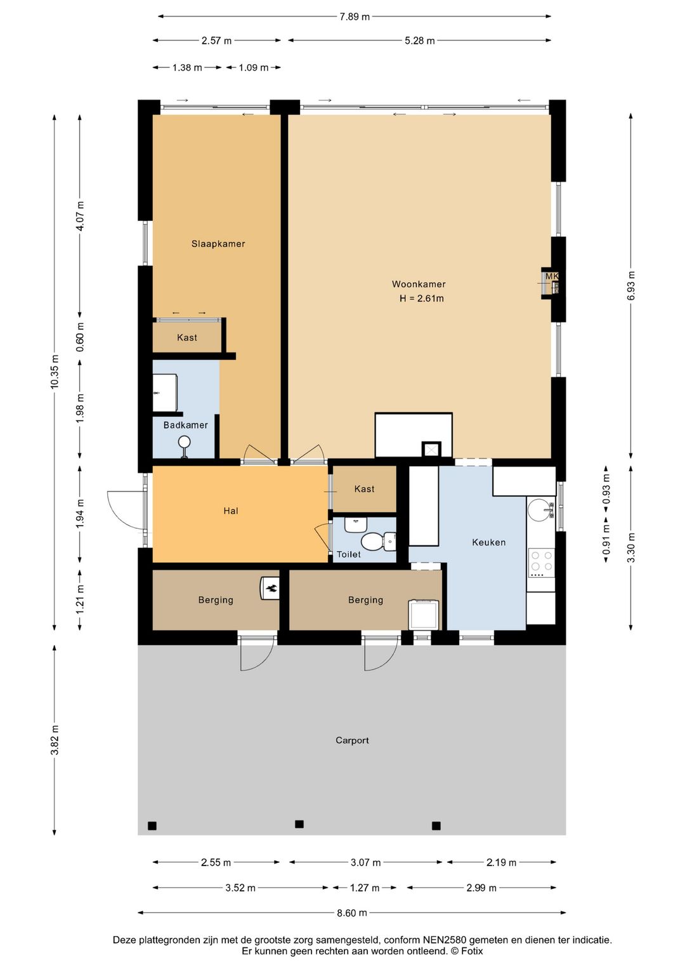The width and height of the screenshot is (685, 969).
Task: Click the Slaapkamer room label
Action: point(218,244)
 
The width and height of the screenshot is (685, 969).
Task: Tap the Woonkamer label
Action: point(419,284)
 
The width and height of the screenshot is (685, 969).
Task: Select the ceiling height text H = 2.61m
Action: point(421,298)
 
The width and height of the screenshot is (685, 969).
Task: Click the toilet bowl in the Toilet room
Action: point(372,541)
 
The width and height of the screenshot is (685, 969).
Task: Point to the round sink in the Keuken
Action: point(540,508)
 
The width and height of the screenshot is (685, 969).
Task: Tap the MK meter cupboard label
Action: point(551,276)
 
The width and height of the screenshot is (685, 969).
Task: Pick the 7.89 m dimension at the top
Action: point(354,17)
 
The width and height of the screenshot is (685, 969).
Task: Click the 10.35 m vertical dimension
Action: point(55,371)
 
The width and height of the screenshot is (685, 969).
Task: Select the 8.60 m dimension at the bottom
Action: point(352,912)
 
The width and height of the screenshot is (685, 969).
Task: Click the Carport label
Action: point(352,740)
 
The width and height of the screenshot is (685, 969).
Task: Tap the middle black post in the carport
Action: point(299,824)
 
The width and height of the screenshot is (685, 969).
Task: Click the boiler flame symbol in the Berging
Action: point(272,588)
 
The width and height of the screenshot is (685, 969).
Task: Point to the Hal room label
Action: point(231,511)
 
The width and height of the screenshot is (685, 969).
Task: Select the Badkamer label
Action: point(185,425)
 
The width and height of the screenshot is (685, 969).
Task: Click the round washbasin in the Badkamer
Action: point(185,442)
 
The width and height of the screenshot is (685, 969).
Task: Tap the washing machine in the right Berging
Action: point(424,615)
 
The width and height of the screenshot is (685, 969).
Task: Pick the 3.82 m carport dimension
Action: point(55,739)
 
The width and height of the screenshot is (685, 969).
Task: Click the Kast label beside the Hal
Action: point(364,489)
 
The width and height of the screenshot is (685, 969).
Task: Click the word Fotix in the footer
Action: point(472,951)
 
